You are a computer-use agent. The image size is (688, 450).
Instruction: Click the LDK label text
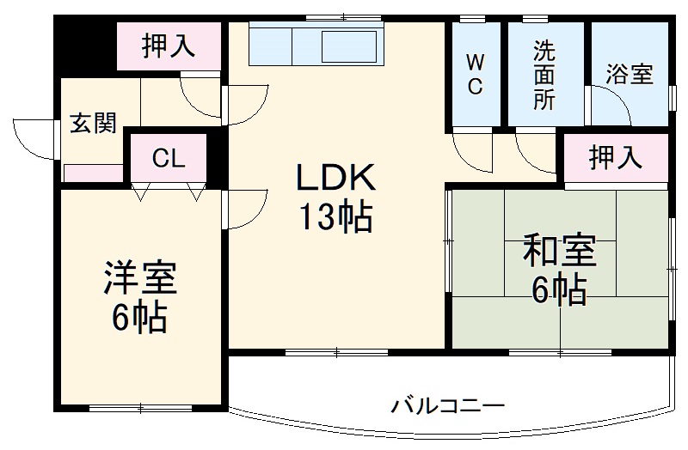[335, 179]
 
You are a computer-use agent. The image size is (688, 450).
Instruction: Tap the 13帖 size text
[335, 218]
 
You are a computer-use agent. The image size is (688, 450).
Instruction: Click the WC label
[475, 74]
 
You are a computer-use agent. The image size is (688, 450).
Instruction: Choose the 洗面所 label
[544, 74]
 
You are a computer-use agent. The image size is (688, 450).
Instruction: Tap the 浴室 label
[629, 75]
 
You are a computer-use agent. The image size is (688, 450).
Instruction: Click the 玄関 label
[92, 125]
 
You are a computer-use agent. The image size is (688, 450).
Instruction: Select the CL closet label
[169, 158]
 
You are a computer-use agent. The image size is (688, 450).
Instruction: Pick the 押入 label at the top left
[169, 45]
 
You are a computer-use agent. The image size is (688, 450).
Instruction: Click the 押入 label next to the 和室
[615, 157]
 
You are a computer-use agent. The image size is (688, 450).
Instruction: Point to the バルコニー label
[447, 404]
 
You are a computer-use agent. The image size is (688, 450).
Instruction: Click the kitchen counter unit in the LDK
[316, 44]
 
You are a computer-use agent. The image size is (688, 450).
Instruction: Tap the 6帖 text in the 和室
[559, 291]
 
